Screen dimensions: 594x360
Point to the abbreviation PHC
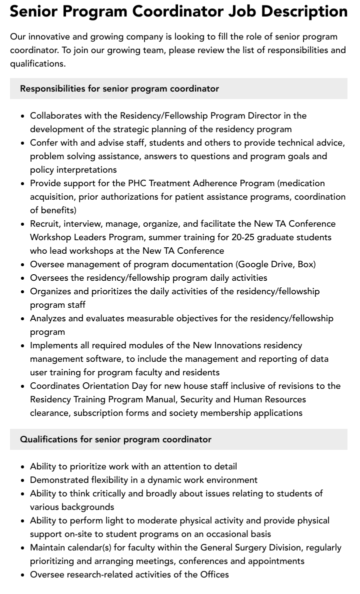click(137, 183)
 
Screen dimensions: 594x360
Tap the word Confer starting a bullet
click(44, 143)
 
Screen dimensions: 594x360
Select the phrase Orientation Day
click(114, 386)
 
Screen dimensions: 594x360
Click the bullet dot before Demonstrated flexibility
click(23, 480)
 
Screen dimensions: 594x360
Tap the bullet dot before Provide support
click(23, 184)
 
